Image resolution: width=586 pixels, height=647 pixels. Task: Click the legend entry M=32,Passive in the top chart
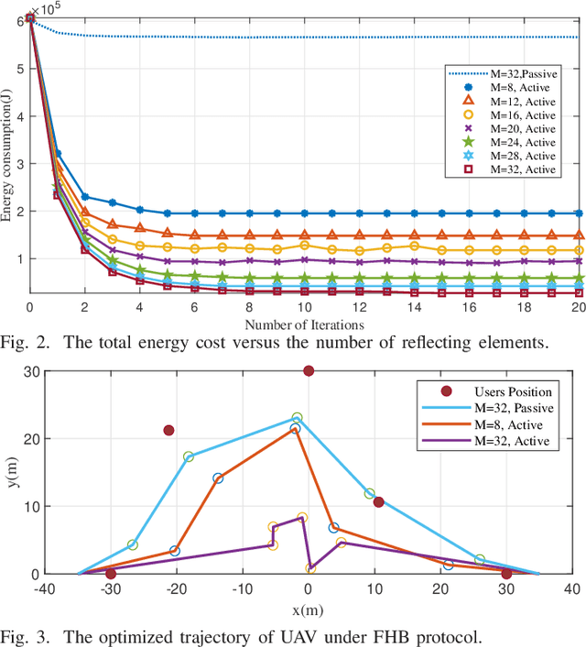[514, 72]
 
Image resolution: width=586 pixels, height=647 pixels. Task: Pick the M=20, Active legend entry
[512, 129]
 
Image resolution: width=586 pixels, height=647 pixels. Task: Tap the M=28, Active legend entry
[512, 157]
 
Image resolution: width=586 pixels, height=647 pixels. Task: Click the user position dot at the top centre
[309, 371]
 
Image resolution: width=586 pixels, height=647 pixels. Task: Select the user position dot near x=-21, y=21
[168, 430]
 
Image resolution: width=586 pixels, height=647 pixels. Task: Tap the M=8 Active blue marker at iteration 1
[58, 154]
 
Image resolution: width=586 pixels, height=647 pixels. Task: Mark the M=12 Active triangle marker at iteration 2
[85, 212]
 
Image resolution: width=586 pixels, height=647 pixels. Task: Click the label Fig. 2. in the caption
[25, 343]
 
